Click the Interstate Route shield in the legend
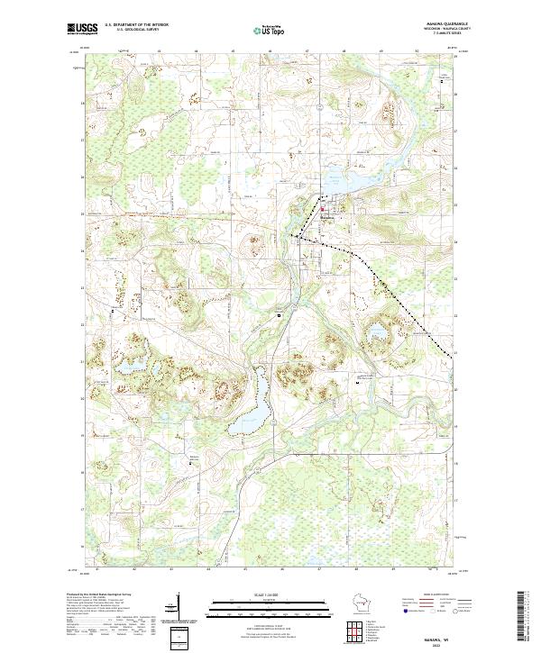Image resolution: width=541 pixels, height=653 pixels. click(x=412, y=610)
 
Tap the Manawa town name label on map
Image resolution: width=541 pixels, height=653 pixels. click(x=326, y=217)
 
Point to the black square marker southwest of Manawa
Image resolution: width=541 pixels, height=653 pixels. click(x=280, y=315)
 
